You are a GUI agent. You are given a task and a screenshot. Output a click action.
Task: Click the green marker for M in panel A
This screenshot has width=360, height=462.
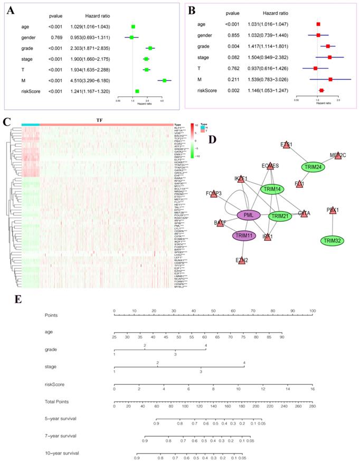(164, 80)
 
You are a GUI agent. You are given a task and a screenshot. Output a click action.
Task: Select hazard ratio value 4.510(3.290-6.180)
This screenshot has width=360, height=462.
(91, 80)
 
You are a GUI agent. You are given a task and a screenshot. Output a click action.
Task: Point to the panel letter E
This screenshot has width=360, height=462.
(18, 299)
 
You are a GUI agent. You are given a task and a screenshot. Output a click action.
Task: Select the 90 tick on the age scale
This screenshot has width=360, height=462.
(282, 336)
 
